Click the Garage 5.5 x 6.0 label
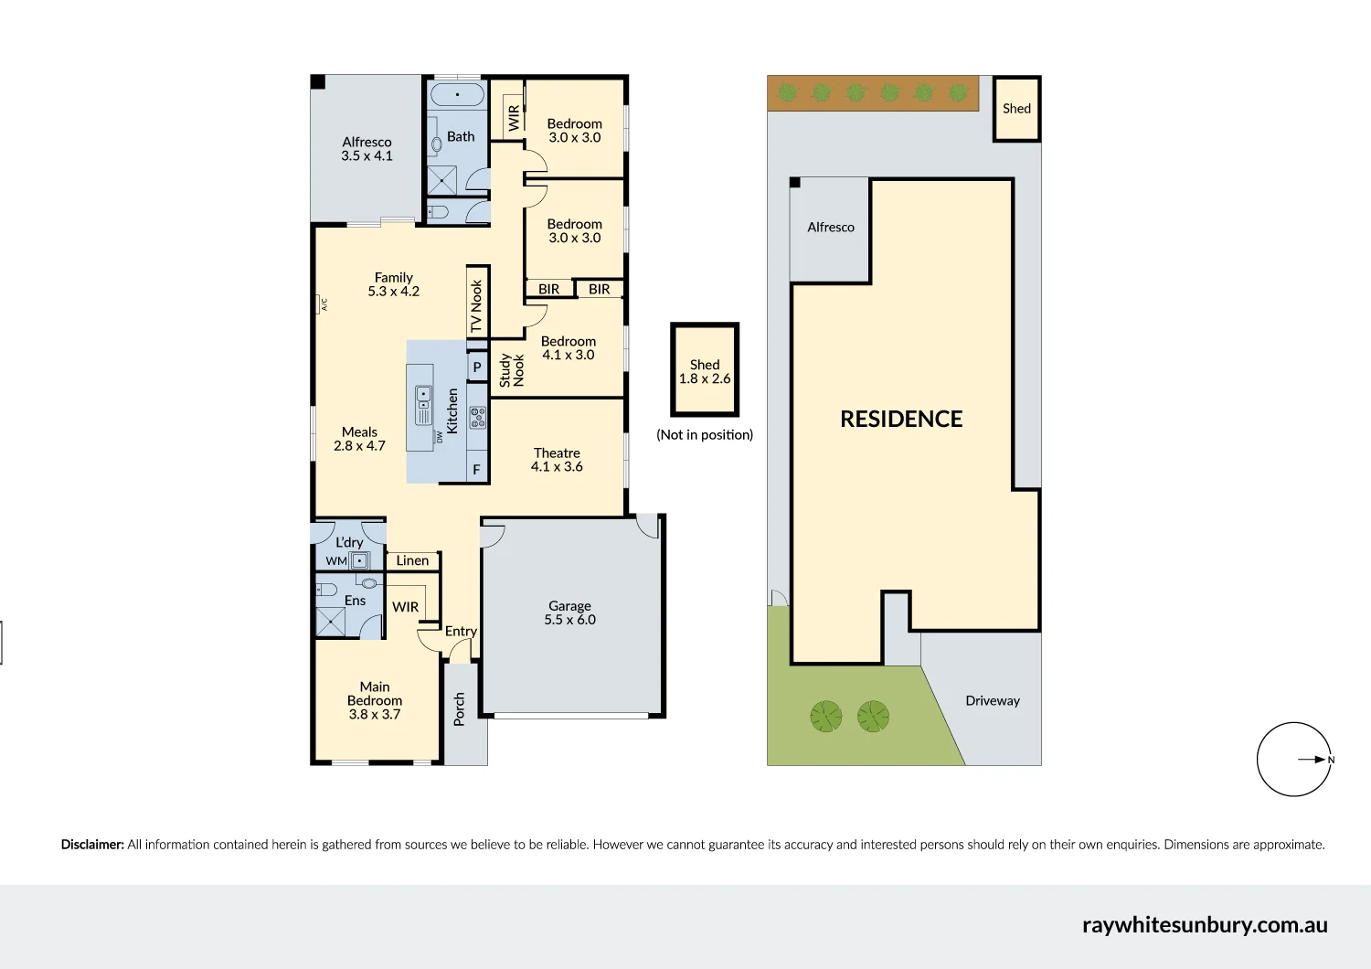569,612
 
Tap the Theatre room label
557,460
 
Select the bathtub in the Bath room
457,95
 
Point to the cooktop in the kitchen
477,418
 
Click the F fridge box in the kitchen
476,470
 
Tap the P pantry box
476,367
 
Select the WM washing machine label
336,561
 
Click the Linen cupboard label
412,560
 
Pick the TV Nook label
476,305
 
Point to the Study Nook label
512,370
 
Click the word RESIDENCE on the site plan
901,420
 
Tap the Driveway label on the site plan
992,701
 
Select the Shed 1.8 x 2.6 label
705,371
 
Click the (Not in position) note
705,435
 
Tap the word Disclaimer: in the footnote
92,845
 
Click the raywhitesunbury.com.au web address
1204,925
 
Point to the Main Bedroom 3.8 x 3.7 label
375,700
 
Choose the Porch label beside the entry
459,709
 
